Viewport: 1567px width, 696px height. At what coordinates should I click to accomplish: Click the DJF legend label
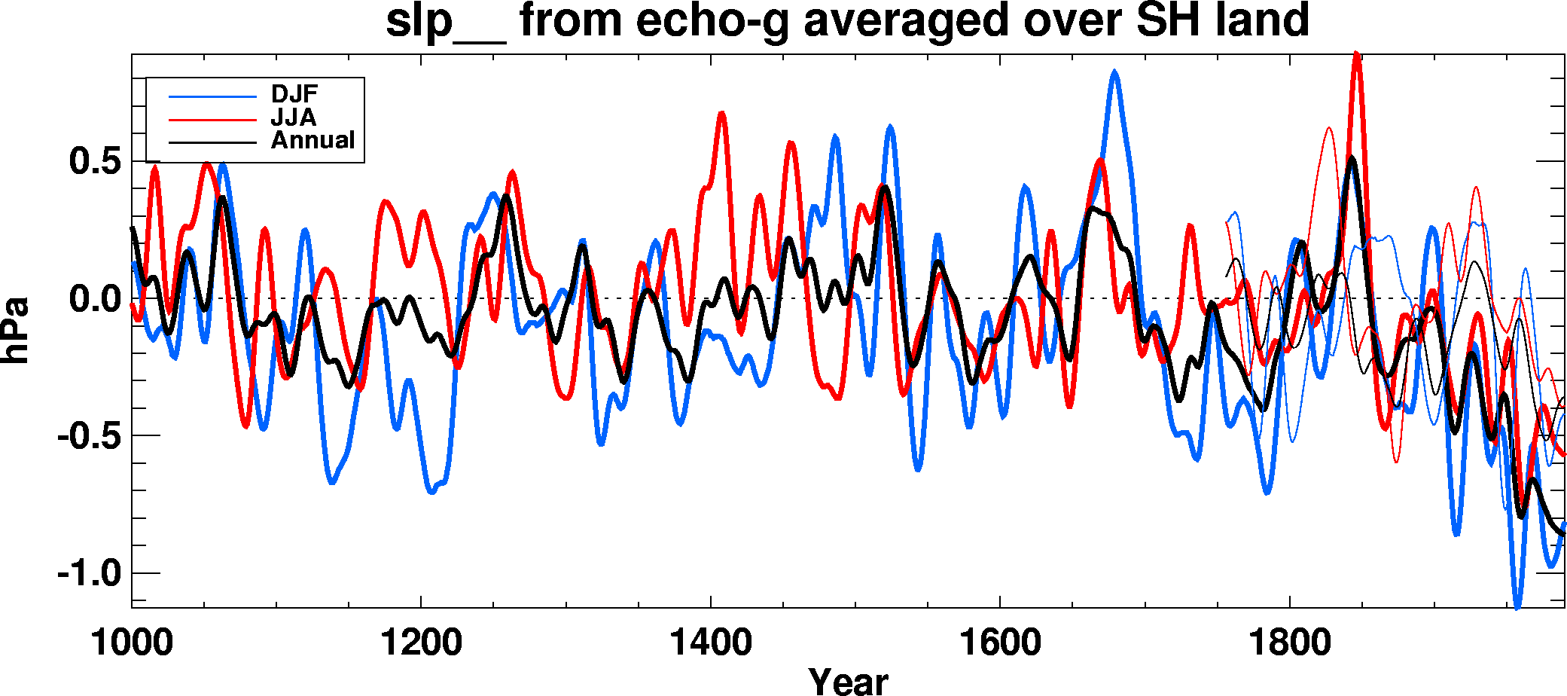tap(294, 94)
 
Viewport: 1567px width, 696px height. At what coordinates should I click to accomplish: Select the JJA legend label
tap(294, 118)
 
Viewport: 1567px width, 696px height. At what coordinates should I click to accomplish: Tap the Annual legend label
tap(312, 140)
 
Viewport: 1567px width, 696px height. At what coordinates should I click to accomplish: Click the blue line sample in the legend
tap(212, 96)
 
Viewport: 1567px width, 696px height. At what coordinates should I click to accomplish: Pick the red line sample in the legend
tap(212, 119)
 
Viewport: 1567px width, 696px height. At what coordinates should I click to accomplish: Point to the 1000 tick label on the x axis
tap(132, 643)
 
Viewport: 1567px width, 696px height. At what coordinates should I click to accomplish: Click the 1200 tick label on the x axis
tap(421, 643)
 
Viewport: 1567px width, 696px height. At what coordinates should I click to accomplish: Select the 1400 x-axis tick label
tap(710, 643)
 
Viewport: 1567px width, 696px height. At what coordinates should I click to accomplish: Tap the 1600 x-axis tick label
tap(999, 643)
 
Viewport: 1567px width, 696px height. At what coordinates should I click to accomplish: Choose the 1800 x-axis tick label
tap(1289, 643)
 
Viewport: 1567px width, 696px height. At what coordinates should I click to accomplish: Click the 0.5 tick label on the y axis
tap(95, 161)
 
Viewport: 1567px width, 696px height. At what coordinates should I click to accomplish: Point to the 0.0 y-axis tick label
tap(95, 299)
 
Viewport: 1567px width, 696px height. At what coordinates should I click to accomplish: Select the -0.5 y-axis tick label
tap(89, 436)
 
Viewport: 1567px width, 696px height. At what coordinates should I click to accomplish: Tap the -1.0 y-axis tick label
tap(89, 574)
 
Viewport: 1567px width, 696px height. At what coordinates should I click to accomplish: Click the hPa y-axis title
tap(15, 330)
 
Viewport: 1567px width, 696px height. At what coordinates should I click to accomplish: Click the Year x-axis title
tap(848, 680)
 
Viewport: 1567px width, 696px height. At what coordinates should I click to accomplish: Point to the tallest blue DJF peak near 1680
tap(1114, 72)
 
